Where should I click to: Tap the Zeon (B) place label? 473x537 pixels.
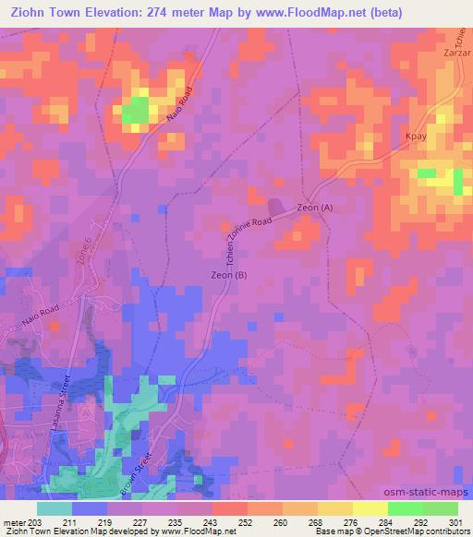click(228, 275)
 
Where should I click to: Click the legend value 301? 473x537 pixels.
click(458, 521)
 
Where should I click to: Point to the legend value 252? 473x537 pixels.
click(247, 521)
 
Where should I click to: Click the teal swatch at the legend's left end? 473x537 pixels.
click(55, 508)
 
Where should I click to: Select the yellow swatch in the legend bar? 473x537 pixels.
click(370, 508)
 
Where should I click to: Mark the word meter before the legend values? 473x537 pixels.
click(13, 521)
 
